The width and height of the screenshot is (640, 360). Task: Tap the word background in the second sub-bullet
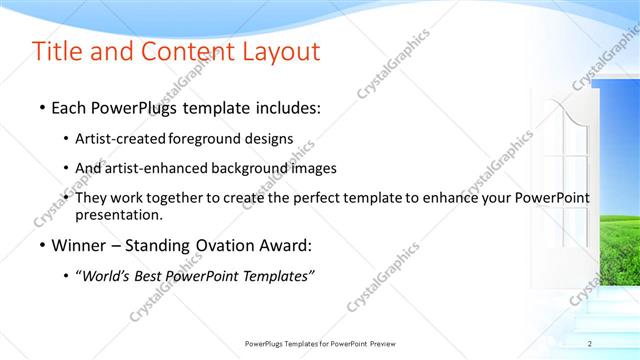pos(250,168)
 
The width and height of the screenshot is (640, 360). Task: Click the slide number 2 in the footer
pos(590,344)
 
